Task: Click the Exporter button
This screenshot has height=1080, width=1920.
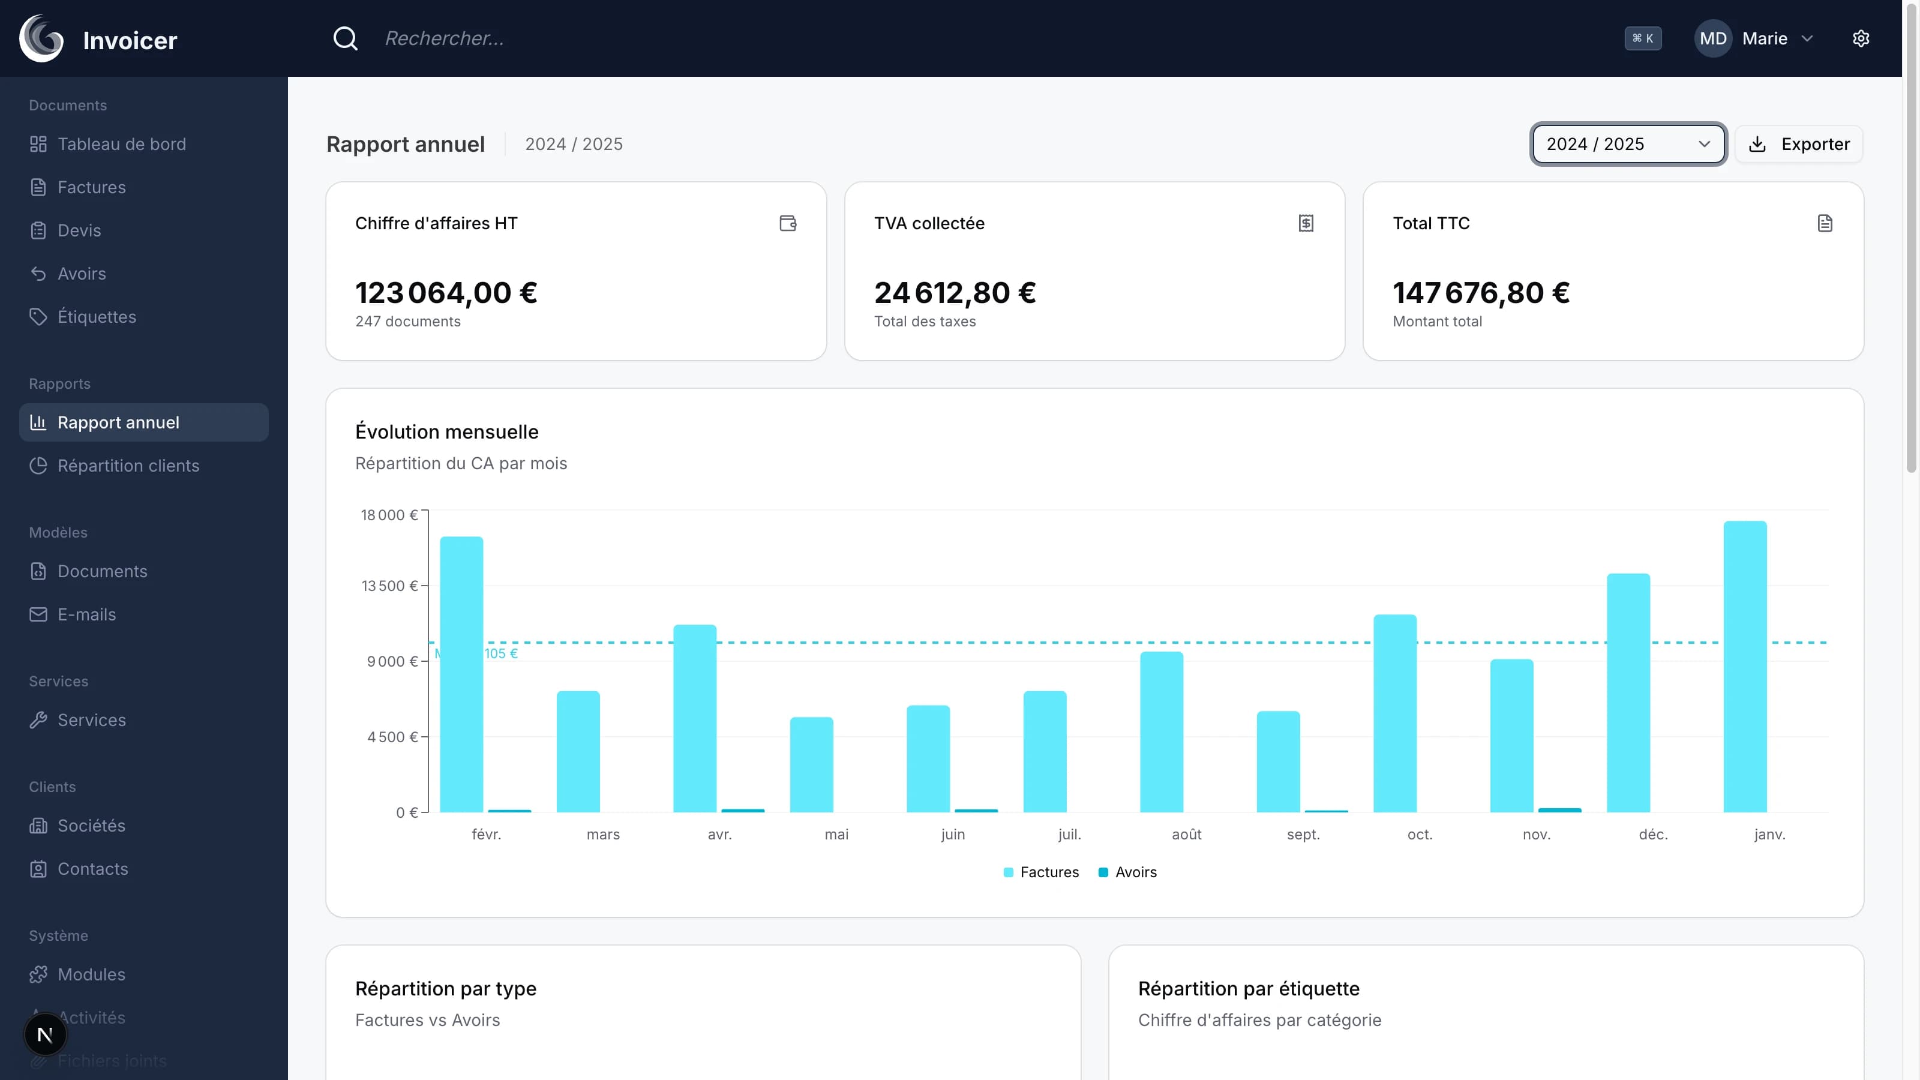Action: [x=1799, y=144]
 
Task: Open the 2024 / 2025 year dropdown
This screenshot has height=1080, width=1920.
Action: [x=1628, y=144]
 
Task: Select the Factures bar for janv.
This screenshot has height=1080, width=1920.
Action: [x=1745, y=667]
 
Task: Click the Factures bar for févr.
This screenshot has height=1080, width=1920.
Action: [x=461, y=674]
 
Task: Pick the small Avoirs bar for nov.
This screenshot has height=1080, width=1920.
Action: [x=1559, y=809]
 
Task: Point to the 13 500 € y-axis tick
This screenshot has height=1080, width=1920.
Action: [x=389, y=586]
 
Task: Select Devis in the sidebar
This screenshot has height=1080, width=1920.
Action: [x=79, y=230]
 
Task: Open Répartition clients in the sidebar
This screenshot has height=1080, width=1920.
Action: [x=128, y=466]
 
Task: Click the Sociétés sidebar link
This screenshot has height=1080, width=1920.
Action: [x=91, y=826]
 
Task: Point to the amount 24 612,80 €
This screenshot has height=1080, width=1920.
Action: [x=955, y=293]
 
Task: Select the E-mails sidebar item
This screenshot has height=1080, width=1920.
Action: [x=86, y=614]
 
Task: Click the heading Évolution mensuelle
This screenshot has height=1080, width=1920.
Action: [x=446, y=431]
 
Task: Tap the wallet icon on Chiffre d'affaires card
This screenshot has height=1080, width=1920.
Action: [x=788, y=223]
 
